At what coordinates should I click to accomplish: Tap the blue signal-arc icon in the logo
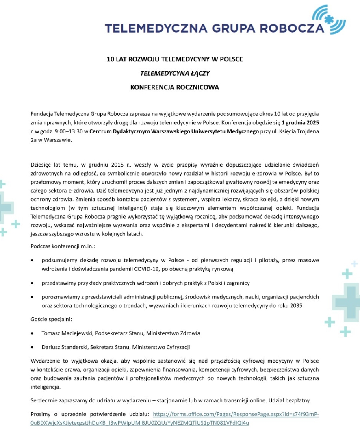331,18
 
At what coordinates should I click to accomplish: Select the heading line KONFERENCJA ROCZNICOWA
175,87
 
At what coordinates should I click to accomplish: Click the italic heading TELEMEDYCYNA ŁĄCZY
175,73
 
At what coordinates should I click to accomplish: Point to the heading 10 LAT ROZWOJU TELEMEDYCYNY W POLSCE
175,59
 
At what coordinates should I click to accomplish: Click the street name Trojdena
306,131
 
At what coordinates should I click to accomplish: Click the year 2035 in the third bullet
295,306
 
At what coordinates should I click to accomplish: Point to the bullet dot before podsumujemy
33,260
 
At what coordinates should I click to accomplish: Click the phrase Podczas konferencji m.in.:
63,246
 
